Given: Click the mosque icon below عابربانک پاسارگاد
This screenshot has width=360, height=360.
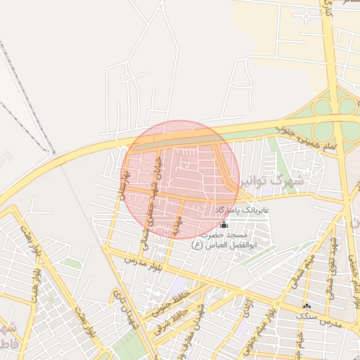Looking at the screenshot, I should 224,224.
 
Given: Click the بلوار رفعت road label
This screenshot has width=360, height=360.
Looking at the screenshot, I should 24,242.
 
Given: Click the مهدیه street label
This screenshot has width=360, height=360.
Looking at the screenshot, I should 174,225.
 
